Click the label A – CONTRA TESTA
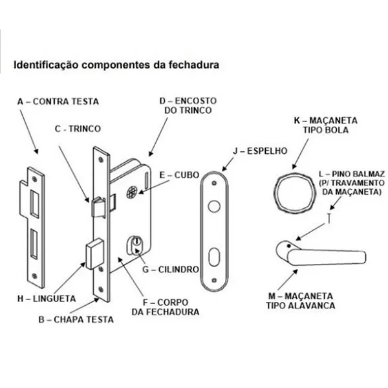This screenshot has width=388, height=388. click(x=58, y=102)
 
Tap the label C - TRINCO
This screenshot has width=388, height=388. click(x=78, y=129)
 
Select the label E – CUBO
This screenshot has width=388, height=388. click(x=179, y=175)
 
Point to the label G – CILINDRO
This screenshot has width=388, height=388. click(x=171, y=269)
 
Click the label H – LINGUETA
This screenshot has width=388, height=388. click(x=47, y=298)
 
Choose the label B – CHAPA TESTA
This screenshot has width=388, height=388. click(x=76, y=319)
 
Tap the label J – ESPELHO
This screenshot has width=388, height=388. click(x=260, y=151)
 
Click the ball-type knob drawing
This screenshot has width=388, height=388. click(x=295, y=193)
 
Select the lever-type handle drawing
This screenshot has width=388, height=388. click(x=321, y=253)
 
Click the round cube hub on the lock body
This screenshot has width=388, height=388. click(x=132, y=192)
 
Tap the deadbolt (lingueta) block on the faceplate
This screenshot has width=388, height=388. click(x=94, y=253)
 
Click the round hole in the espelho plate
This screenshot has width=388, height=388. click(x=214, y=206)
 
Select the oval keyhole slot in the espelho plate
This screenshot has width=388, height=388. click(x=214, y=257)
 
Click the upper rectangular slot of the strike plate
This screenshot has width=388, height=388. click(x=35, y=204)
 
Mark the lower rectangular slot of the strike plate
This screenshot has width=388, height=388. click(x=34, y=244)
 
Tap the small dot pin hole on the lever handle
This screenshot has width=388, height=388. click(x=288, y=246)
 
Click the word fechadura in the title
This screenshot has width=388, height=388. click(x=194, y=65)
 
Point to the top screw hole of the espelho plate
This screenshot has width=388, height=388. click(x=214, y=183)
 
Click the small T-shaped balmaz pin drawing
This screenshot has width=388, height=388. click(x=329, y=218)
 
